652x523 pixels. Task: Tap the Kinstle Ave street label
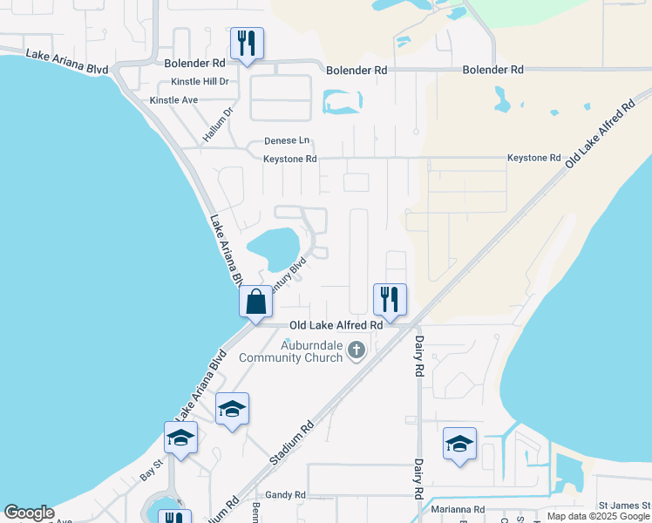click(x=173, y=100)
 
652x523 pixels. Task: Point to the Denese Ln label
click(x=286, y=140)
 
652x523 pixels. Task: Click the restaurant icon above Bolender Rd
click(x=247, y=43)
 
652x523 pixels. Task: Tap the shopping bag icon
click(x=256, y=302)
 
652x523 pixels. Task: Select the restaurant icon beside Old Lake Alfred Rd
click(x=390, y=299)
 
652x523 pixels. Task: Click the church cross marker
click(x=356, y=350)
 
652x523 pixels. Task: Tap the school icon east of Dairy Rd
click(x=459, y=444)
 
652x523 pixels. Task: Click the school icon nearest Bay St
click(x=180, y=438)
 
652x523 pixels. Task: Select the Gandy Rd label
click(x=286, y=495)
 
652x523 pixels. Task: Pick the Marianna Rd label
click(x=455, y=509)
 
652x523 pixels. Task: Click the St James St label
click(x=623, y=506)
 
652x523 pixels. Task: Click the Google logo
click(x=29, y=513)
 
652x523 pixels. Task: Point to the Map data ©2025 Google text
click(x=597, y=517)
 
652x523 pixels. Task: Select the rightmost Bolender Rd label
click(x=493, y=69)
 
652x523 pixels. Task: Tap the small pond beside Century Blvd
click(x=275, y=247)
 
